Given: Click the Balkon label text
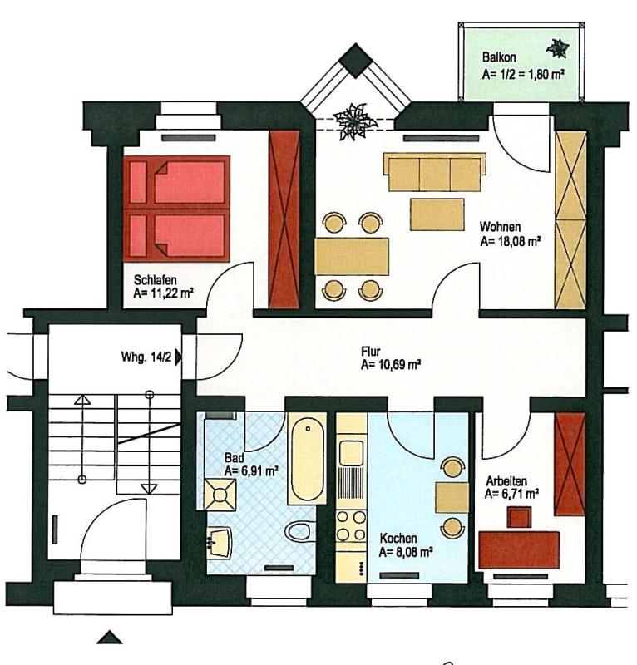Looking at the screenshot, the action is (499, 57).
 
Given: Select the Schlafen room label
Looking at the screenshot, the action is (155, 280).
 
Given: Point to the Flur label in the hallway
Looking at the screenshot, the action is (371, 352).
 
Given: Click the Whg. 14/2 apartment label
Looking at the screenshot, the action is (146, 357).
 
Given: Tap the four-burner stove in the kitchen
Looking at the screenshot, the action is (351, 525).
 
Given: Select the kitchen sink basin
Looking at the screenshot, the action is (352, 452).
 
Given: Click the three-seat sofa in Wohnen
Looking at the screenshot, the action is (435, 172).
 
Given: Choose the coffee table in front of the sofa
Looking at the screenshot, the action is (437, 214).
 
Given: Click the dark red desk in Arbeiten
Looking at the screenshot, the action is (518, 549).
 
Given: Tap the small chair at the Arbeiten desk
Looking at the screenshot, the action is (520, 517).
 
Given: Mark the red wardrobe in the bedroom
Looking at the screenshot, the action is (284, 219).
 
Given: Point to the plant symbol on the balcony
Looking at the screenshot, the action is (558, 48).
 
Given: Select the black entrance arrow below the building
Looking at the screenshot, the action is (110, 638).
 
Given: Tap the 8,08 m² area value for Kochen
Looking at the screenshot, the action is (406, 553).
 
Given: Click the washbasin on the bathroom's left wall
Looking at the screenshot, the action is (220, 543).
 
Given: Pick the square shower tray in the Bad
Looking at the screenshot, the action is (220, 495).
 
